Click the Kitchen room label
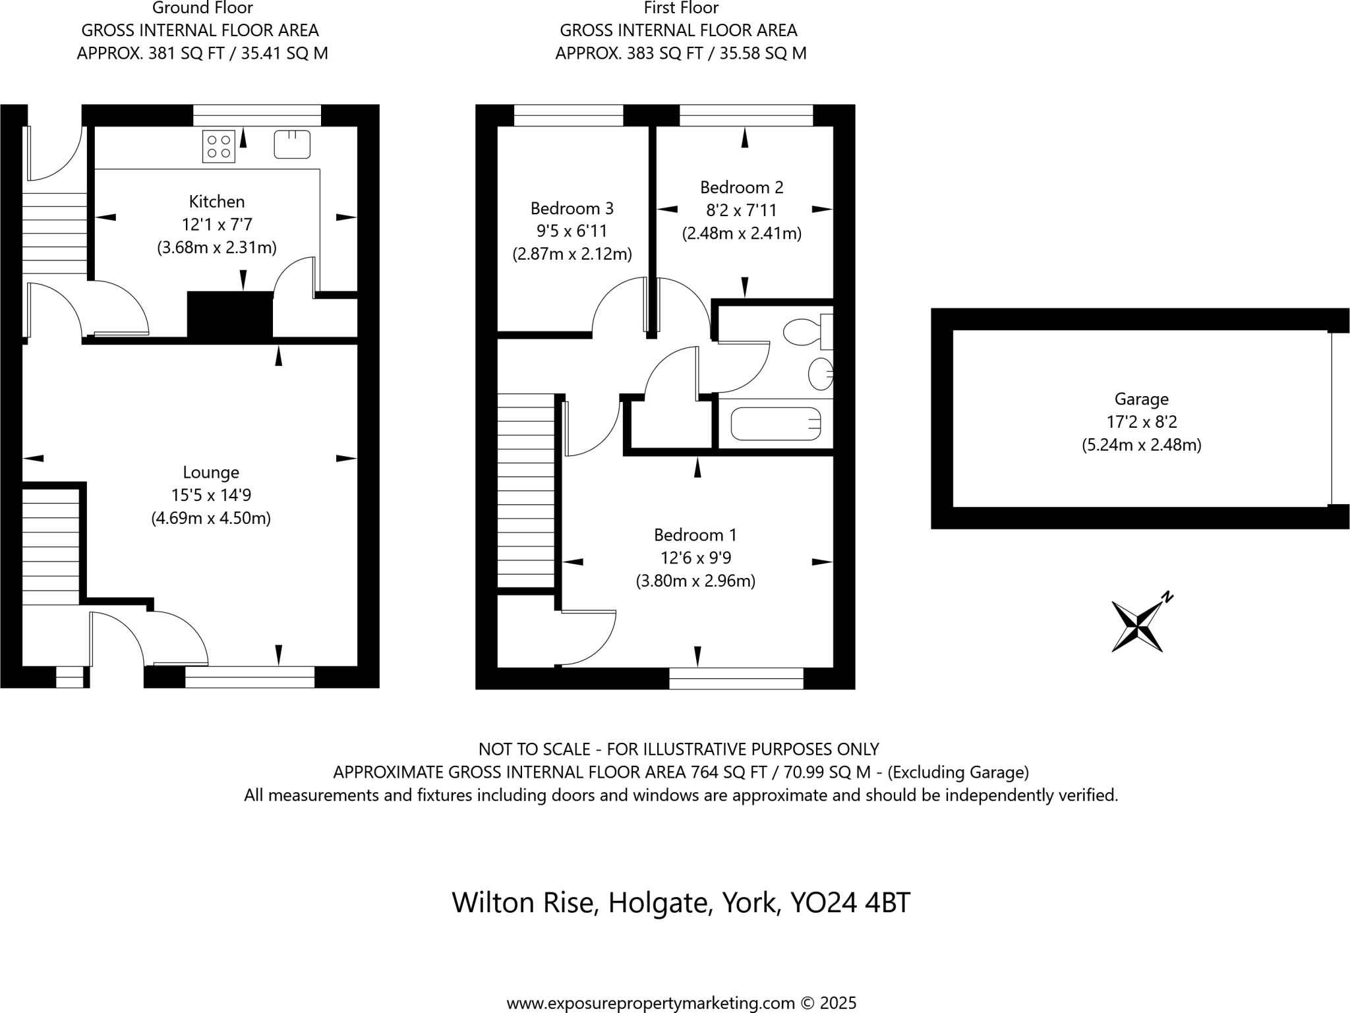point(216,202)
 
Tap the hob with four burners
point(219,147)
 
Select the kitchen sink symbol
point(292,144)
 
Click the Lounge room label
point(211,473)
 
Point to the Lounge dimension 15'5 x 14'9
point(211,495)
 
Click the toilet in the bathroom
point(806,332)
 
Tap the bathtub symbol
point(776,424)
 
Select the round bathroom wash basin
point(820,374)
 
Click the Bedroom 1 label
point(695,535)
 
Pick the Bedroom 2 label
point(742,188)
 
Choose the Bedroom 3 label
point(572,209)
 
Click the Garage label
point(1141,399)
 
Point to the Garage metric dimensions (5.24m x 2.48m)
point(1141,445)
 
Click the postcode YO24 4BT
point(850,902)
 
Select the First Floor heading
point(681,9)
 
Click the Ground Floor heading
point(202,9)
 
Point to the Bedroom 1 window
point(736,678)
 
